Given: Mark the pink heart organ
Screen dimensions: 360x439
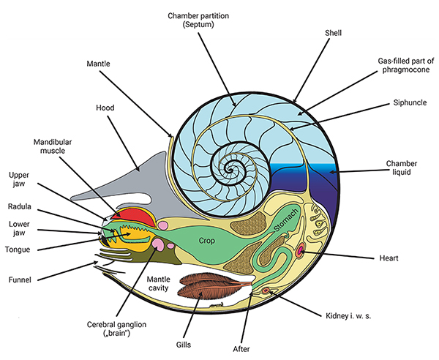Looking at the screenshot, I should (301, 252).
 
